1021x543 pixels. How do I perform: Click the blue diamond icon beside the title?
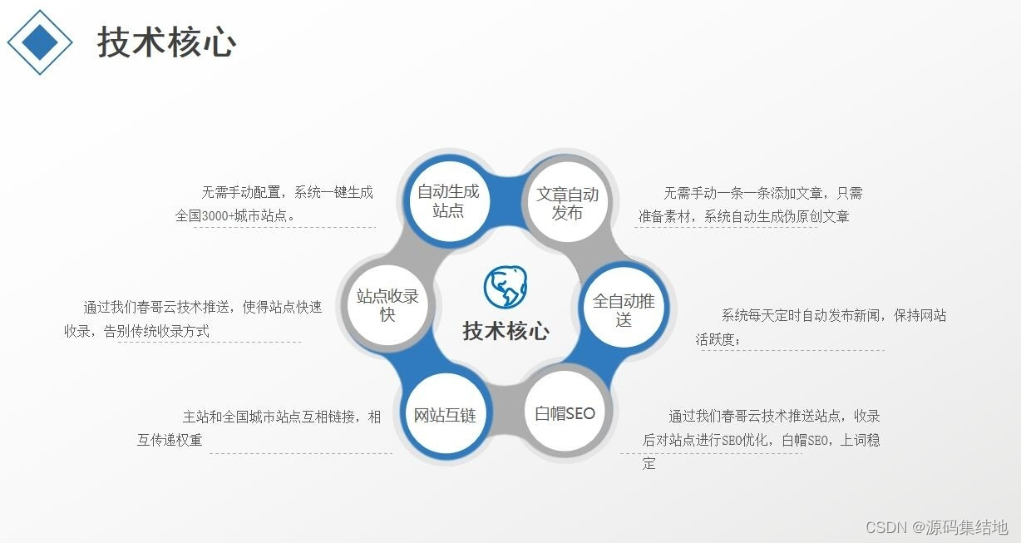40,42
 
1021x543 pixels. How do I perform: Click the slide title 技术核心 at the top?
166,42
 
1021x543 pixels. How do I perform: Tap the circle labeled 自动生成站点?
449,201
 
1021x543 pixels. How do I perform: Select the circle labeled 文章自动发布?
567,202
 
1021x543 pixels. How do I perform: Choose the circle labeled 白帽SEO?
565,413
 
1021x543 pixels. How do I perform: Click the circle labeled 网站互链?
445,414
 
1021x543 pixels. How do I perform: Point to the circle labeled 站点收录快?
387,305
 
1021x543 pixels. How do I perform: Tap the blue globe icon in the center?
505,287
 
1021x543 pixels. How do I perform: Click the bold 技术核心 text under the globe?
506,331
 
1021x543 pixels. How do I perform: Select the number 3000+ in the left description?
217,215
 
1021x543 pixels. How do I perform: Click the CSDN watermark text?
937,527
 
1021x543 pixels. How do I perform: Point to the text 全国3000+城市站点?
230,215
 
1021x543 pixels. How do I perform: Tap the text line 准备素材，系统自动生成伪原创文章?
744,216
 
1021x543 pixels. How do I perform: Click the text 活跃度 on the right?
715,339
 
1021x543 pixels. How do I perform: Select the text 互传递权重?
170,440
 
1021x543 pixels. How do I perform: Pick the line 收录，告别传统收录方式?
136,331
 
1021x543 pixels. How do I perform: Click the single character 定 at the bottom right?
649,463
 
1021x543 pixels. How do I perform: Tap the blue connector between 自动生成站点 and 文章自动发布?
508,200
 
